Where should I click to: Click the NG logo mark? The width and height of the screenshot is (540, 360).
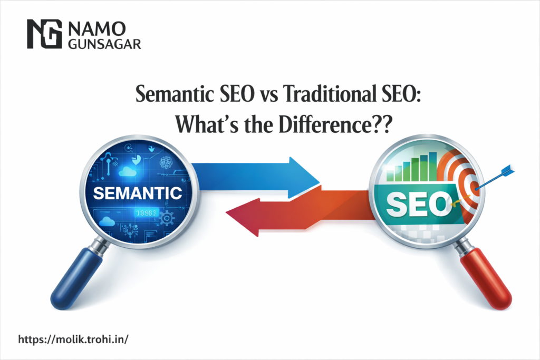point(43,34)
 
